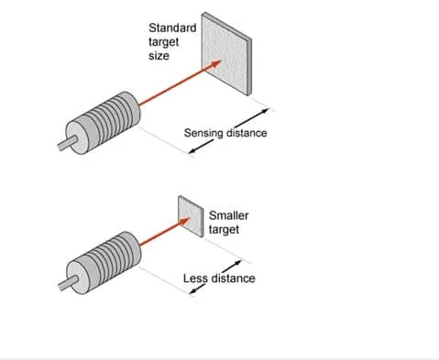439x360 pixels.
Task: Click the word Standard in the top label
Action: point(172,28)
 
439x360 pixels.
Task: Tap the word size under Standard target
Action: point(159,56)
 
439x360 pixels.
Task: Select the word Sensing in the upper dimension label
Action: point(203,134)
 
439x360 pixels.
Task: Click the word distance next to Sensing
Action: point(247,133)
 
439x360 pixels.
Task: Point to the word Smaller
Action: point(228,215)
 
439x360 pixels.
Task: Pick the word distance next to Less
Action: point(234,278)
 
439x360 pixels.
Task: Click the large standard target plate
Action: point(226,54)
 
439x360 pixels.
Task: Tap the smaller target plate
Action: point(191,216)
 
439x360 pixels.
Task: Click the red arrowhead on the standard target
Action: point(215,63)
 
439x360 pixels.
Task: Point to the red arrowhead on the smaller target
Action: point(185,222)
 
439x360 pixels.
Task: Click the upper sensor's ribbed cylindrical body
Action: point(104,123)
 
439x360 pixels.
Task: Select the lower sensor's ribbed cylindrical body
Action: point(104,263)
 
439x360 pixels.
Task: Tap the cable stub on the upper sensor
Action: point(67,143)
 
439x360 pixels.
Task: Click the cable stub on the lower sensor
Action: point(68,283)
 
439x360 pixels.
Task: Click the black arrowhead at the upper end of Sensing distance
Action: point(265,112)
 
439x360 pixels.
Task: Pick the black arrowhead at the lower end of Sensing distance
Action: point(193,150)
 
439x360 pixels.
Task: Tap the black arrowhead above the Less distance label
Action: point(237,263)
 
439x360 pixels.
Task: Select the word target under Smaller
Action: point(224,230)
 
